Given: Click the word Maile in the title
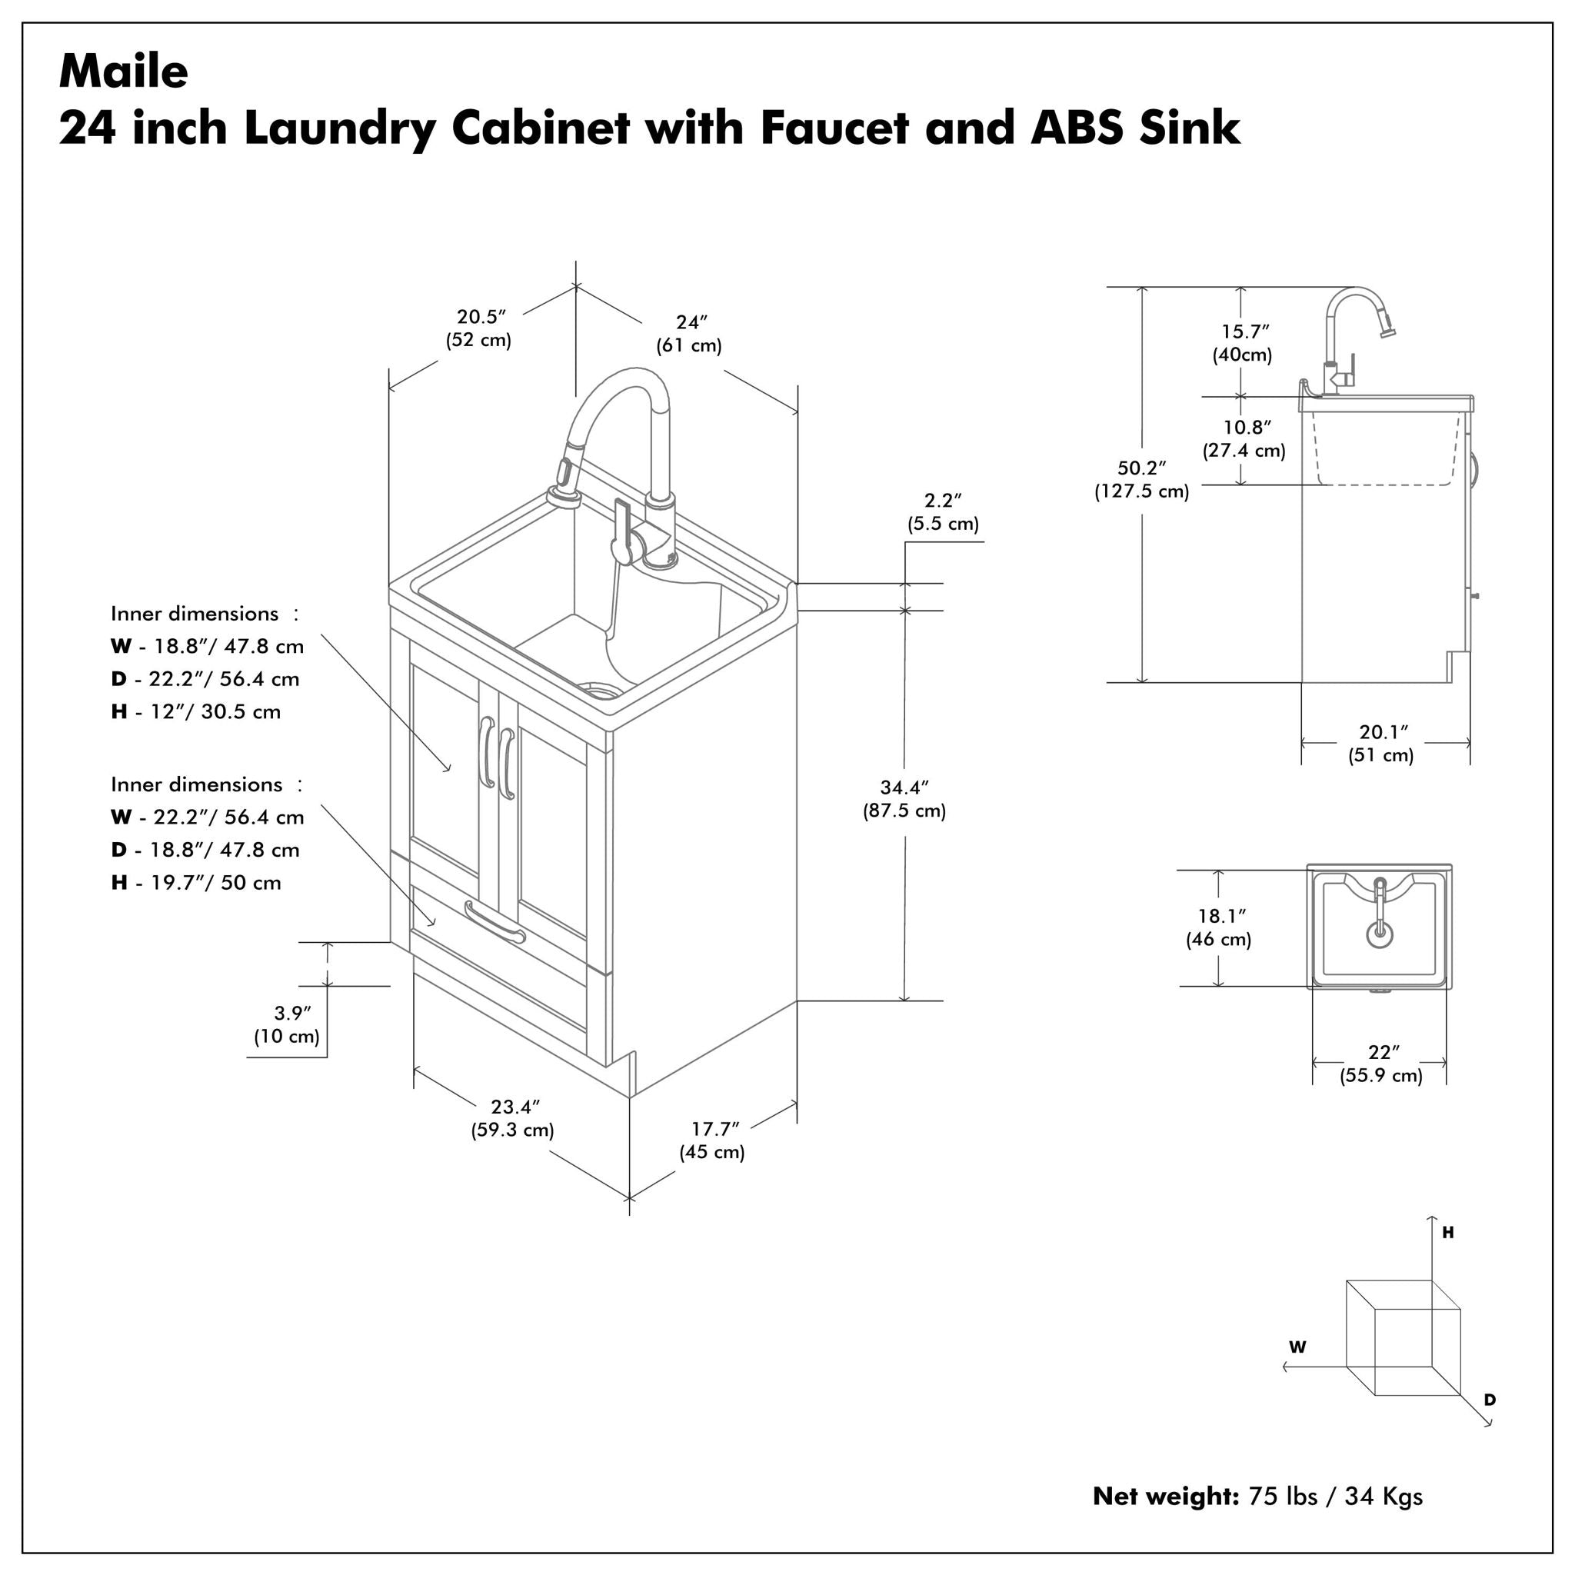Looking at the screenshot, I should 123,72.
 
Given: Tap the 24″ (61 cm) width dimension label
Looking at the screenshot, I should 689,335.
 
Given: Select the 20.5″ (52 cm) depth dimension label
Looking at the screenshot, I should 478,328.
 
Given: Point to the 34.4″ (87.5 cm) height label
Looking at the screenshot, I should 904,799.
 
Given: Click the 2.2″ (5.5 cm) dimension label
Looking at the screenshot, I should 943,512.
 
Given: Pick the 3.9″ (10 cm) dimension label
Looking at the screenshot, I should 286,1024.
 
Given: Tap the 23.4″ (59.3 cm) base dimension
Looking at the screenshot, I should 513,1118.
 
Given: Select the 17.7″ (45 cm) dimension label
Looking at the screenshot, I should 712,1140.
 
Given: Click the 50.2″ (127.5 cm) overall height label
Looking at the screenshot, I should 1141,479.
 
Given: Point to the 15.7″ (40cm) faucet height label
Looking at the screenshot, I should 1243,343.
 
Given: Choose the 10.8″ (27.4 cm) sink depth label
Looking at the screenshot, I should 1244,438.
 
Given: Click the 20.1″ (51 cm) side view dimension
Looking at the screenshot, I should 1381,744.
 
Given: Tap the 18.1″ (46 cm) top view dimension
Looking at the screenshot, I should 1219,927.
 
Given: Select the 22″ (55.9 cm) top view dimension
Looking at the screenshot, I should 1381,1064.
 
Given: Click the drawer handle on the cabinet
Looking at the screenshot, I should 494,921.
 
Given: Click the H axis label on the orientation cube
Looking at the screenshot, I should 1448,1233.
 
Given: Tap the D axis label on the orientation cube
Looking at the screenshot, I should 1490,1400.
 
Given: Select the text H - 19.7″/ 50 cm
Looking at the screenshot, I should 196,883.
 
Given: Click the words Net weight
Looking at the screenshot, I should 1166,1519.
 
